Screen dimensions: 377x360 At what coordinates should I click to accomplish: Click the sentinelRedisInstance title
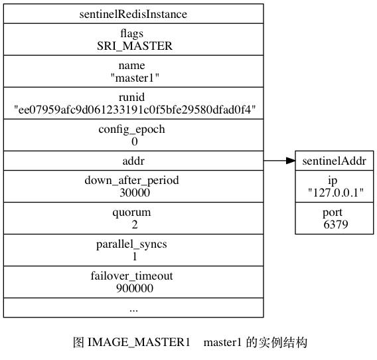(133, 14)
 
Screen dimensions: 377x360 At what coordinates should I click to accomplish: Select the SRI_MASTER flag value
(135, 46)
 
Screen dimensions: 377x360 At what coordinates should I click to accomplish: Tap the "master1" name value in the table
(135, 78)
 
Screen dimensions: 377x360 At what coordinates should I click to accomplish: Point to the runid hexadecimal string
(135, 110)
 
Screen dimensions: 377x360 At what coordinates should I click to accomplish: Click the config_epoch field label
(132, 130)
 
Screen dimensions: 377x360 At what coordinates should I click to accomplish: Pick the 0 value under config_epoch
(135, 141)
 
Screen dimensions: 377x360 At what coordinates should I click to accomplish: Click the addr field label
(133, 161)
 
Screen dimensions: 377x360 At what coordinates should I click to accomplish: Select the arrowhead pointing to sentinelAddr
(291, 161)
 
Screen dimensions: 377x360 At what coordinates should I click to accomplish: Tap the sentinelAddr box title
(335, 161)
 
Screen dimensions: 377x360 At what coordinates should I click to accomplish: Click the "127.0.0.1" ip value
(336, 193)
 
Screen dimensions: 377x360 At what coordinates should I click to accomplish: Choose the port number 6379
(336, 225)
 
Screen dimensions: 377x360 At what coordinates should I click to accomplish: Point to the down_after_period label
(132, 181)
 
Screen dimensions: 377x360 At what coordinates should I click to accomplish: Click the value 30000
(135, 193)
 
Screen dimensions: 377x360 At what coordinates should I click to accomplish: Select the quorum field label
(132, 213)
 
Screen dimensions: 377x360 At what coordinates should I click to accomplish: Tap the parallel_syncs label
(132, 244)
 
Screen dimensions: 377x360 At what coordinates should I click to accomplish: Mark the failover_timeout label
(132, 276)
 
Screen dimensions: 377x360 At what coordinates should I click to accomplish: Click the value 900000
(135, 288)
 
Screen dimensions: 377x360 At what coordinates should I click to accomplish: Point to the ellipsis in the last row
(133, 310)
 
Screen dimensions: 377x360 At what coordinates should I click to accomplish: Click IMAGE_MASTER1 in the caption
(139, 343)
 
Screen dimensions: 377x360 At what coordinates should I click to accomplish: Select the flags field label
(132, 34)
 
